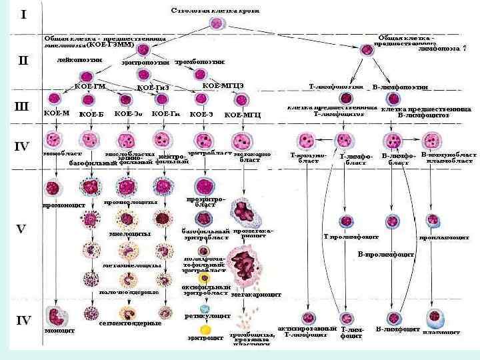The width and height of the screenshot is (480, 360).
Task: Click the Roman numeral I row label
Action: click(23, 14)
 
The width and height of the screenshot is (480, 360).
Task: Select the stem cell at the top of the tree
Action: click(216, 25)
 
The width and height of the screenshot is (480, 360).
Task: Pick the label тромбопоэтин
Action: click(199, 62)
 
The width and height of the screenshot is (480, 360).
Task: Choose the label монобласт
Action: click(57, 153)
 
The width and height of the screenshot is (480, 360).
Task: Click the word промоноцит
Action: click(64, 205)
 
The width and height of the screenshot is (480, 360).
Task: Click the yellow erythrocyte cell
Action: click(206, 329)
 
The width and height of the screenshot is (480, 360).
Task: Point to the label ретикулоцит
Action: click(207, 316)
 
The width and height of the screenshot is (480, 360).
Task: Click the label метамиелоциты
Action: click(132, 265)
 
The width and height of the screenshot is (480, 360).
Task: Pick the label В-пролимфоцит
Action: click(386, 254)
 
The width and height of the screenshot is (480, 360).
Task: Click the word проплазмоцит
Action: click(442, 237)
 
